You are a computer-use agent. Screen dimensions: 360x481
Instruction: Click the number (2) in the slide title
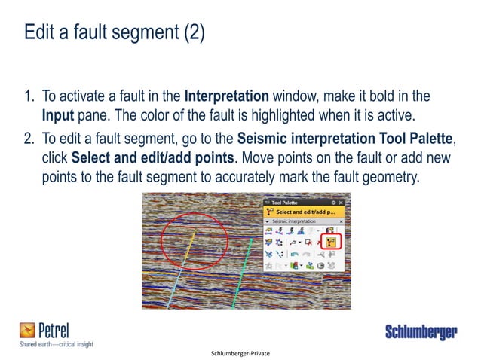[x=191, y=34]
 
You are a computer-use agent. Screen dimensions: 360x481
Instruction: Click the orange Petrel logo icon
[x=28, y=328]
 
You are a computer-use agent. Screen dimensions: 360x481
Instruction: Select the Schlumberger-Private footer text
[x=240, y=352]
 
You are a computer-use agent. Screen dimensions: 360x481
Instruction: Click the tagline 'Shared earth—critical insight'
[x=57, y=344]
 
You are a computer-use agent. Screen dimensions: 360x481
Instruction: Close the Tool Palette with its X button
[x=342, y=203]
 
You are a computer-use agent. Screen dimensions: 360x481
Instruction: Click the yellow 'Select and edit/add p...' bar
[x=303, y=212]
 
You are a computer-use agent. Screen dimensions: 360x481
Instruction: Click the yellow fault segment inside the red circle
[x=189, y=241]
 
